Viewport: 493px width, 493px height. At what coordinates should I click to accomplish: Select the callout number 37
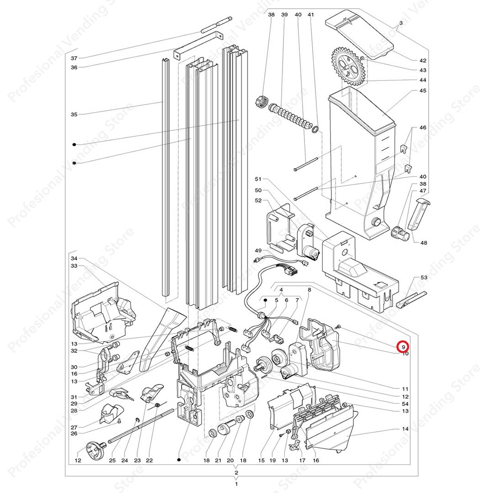coord(74,58)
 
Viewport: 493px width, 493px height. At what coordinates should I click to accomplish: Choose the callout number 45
coord(423,91)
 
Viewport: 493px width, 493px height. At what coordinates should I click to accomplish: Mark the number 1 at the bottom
coord(236,483)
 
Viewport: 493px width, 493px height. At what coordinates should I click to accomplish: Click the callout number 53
coord(424,278)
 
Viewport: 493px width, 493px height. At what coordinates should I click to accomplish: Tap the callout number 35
coord(74,115)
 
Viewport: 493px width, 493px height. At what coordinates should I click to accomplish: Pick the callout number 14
coord(405,430)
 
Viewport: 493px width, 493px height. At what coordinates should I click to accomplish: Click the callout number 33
coord(74,266)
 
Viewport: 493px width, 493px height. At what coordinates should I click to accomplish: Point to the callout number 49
coord(258,251)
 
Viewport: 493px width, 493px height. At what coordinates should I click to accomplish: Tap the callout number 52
coord(258,200)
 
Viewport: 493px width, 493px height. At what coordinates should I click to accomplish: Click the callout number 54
coord(405,404)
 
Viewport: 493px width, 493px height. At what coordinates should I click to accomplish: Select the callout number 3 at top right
coord(401,23)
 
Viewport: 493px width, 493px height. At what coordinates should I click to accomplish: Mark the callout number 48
coord(424,243)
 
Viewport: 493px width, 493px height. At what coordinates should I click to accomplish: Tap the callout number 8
coord(309,289)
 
